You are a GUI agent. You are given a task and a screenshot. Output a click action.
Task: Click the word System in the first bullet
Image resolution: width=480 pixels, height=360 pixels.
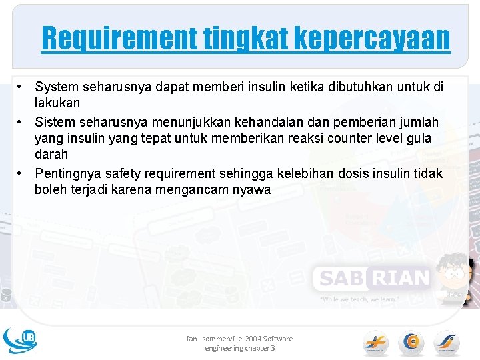click(56, 87)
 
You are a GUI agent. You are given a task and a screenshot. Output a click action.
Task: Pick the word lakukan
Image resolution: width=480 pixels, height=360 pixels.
click(57, 103)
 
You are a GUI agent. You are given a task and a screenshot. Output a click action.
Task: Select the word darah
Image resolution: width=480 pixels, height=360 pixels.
click(51, 154)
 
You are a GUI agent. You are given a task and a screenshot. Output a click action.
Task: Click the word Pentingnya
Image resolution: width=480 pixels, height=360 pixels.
click(65, 173)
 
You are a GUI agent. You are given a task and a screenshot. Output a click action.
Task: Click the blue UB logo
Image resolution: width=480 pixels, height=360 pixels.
click(20, 339)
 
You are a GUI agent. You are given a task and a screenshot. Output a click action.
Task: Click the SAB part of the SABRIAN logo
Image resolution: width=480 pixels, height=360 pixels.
click(340, 277)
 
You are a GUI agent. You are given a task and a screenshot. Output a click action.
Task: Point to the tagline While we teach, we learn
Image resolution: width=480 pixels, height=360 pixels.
click(359, 299)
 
